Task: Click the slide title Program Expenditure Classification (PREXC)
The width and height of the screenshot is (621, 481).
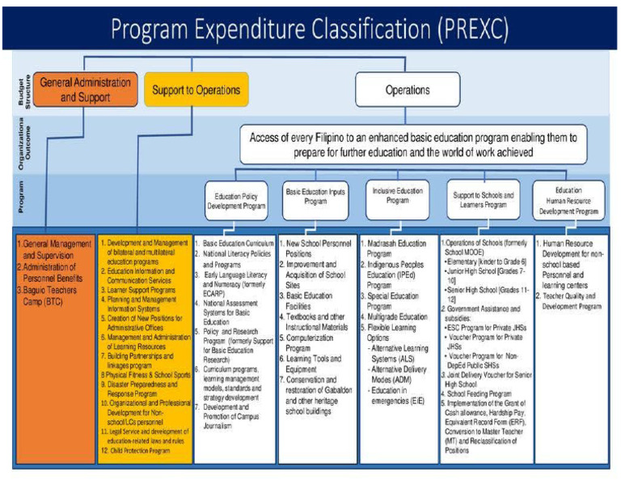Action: point(310,29)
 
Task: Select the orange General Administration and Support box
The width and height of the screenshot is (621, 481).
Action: point(86,90)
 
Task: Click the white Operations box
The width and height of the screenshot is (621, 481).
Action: point(407,90)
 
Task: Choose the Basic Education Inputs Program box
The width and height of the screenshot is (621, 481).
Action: point(316,198)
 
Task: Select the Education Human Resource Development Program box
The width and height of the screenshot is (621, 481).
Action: point(568,201)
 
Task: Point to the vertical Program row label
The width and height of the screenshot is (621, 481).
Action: point(23,199)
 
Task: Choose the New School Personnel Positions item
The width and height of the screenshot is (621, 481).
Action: point(319,248)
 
